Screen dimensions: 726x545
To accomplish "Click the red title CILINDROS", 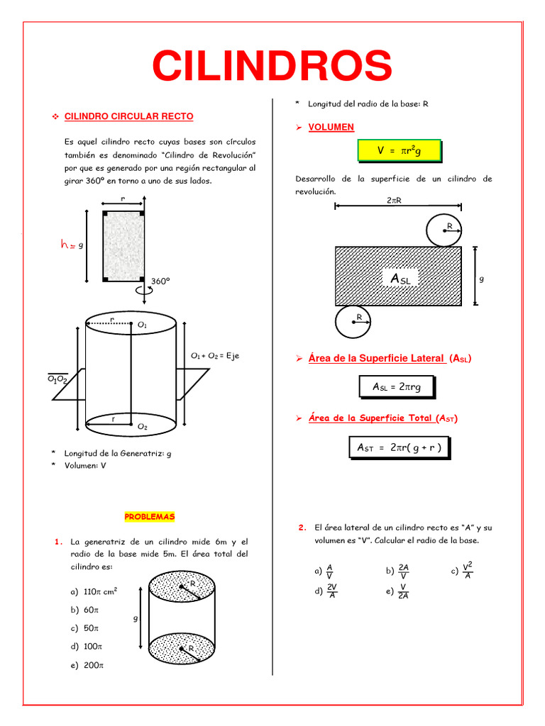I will pyautogui.click(x=272, y=66).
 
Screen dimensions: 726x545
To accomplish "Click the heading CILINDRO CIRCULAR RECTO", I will pyautogui.click(x=128, y=116).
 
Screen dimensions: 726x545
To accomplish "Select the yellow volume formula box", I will pyautogui.click(x=399, y=150).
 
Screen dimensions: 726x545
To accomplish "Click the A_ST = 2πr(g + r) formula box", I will pyautogui.click(x=399, y=447).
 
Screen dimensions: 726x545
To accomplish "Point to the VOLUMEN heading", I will pyautogui.click(x=331, y=127).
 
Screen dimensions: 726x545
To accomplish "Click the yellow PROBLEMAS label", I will pyautogui.click(x=149, y=517).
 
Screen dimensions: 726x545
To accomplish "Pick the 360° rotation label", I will pyautogui.click(x=160, y=281).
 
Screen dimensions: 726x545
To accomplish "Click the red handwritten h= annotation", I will pyautogui.click(x=68, y=245).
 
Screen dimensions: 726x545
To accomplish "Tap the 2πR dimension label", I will pyautogui.click(x=395, y=200).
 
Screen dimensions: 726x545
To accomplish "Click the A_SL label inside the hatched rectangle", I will pyautogui.click(x=400, y=279).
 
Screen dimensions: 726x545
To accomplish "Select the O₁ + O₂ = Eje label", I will pyautogui.click(x=215, y=355).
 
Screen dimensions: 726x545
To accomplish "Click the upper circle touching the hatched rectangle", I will pyautogui.click(x=444, y=229).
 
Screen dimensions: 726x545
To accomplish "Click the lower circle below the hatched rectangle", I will pyautogui.click(x=353, y=322).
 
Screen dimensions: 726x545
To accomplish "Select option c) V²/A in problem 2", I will pyautogui.click(x=462, y=571).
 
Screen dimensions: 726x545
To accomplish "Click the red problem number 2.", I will pyautogui.click(x=302, y=527).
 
